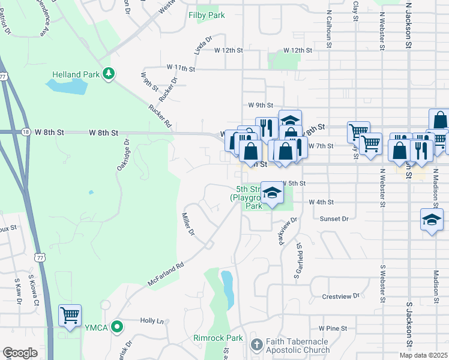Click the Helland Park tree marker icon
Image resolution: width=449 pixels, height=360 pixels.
tap(109, 74)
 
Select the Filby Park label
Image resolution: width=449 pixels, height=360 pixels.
tap(206, 15)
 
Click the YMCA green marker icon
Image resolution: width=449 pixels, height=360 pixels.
tap(117, 327)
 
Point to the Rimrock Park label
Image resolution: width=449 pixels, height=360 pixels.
tap(218, 338)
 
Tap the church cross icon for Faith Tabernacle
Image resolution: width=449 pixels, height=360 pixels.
tap(256, 344)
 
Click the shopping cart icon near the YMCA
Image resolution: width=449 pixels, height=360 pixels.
tap(70, 315)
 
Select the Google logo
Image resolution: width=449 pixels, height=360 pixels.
tap(20, 353)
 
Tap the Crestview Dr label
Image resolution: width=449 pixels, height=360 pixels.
tap(340, 296)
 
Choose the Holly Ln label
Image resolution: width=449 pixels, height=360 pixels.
tap(151, 321)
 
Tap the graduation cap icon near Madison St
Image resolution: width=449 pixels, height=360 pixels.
tap(432, 220)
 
